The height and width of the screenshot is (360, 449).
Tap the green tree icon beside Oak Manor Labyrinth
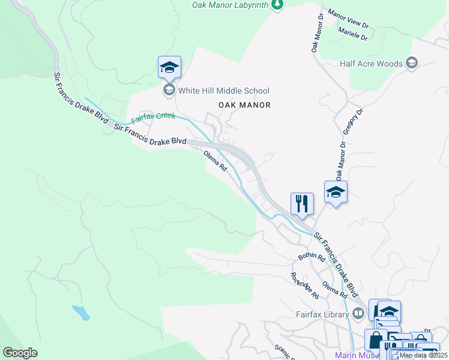tap(277, 5)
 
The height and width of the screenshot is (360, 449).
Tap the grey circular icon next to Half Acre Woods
tap(412, 63)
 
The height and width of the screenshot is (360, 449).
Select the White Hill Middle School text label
tap(224, 91)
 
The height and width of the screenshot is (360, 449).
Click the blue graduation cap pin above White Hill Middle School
tap(169, 68)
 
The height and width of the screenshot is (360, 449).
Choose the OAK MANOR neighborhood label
tap(244, 105)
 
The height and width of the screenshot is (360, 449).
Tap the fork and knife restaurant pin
tap(302, 203)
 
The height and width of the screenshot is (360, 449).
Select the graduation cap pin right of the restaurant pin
tap(336, 192)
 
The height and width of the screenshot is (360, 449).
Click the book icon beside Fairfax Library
tap(358, 313)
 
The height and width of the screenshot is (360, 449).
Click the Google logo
tap(20, 353)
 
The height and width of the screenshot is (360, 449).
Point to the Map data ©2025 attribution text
tap(423, 355)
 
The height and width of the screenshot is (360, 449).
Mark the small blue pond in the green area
tap(80, 312)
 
